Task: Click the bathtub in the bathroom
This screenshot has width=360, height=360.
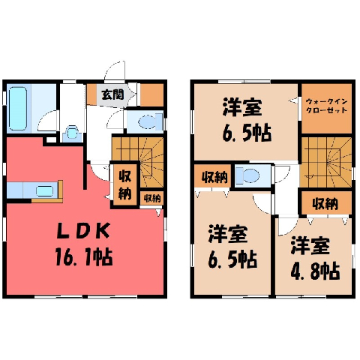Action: (x=18, y=109)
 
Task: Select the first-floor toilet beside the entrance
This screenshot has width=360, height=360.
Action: (x=150, y=121)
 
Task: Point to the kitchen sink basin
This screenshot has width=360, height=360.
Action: (x=44, y=191)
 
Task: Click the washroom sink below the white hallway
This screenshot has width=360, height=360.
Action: (x=72, y=133)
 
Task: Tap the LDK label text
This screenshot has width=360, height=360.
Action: (x=83, y=231)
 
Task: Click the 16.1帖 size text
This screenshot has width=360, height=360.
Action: (x=84, y=257)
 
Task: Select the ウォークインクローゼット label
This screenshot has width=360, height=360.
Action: (x=326, y=106)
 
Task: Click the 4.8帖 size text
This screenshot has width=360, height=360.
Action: (x=315, y=271)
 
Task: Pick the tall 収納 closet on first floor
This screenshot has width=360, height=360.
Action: (x=125, y=184)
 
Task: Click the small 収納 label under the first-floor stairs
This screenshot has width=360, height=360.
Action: (x=151, y=198)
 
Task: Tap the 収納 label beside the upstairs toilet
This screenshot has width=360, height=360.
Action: (x=214, y=177)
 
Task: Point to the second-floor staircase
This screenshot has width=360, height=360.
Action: (x=325, y=162)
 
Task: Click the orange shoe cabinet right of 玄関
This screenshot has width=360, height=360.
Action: (x=151, y=94)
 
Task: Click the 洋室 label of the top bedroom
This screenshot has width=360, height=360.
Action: (x=242, y=107)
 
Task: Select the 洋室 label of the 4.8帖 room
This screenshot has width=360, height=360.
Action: (x=310, y=246)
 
